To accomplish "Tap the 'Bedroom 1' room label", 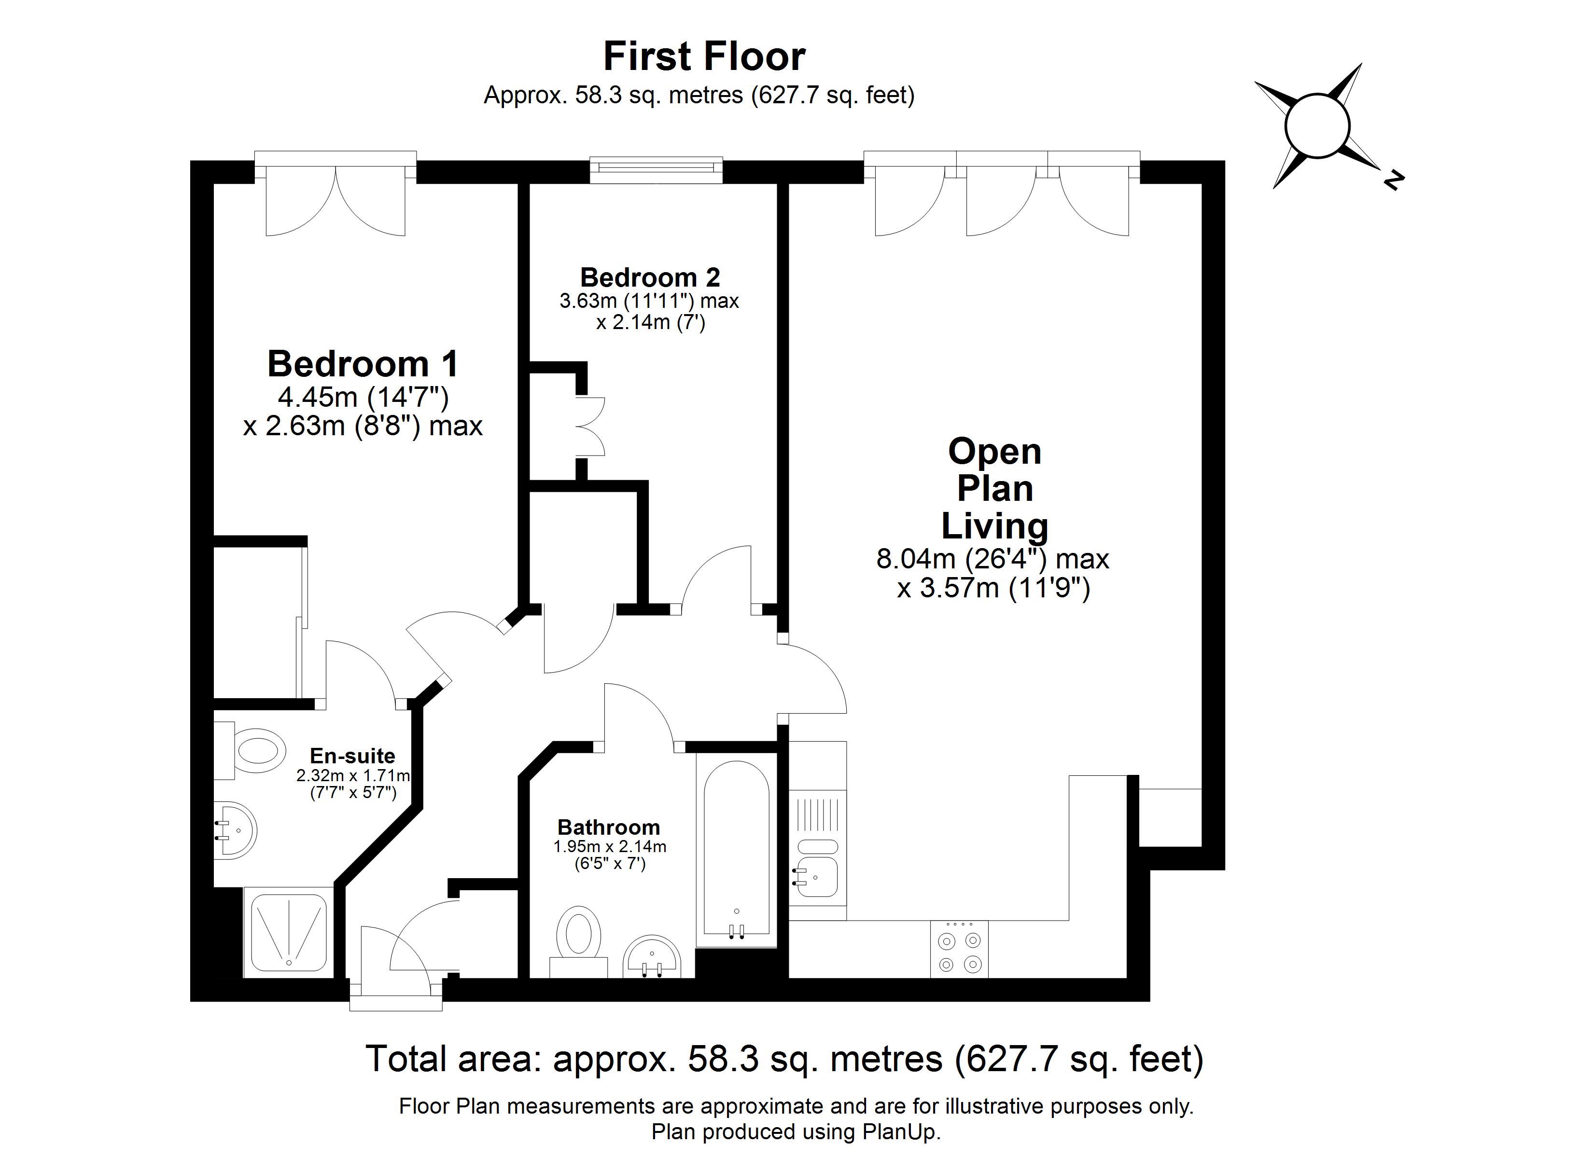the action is click(x=363, y=364).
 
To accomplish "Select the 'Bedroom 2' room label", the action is click(x=650, y=277).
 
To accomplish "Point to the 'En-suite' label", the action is click(x=352, y=756).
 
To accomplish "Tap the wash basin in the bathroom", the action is click(x=652, y=956).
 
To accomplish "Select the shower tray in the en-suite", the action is click(x=288, y=932).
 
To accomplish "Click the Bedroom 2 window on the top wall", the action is click(x=656, y=168).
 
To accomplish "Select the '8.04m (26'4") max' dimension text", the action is click(x=992, y=559).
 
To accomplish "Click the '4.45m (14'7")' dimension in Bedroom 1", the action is click(x=363, y=398).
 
